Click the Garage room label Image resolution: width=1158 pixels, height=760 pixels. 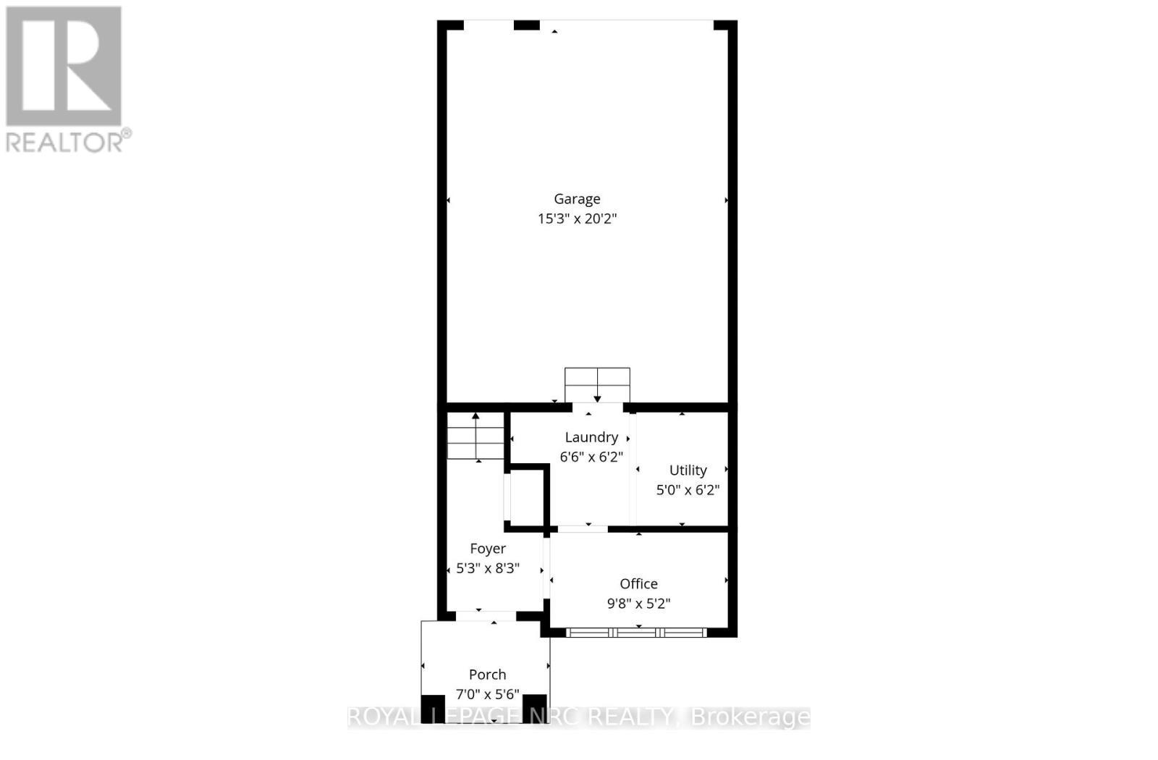(577, 199)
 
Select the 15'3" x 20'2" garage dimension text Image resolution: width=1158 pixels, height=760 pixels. (577, 219)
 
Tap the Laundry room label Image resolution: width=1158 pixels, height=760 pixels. (591, 437)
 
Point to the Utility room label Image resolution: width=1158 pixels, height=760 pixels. (688, 470)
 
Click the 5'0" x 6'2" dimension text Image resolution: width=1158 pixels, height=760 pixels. (688, 490)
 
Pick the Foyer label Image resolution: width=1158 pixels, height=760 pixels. (488, 549)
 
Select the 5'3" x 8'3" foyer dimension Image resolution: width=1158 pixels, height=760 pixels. (488, 568)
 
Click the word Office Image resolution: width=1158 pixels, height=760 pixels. (638, 584)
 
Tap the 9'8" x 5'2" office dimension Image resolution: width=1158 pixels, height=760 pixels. (638, 604)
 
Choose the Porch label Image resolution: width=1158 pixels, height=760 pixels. (487, 675)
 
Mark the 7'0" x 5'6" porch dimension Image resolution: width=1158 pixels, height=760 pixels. (487, 695)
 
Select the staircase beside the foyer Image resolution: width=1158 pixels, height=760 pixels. (476, 436)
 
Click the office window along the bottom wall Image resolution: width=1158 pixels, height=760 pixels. (636, 633)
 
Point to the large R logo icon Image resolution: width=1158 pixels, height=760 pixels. (64, 67)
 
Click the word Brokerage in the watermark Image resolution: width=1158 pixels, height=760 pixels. (751, 717)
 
